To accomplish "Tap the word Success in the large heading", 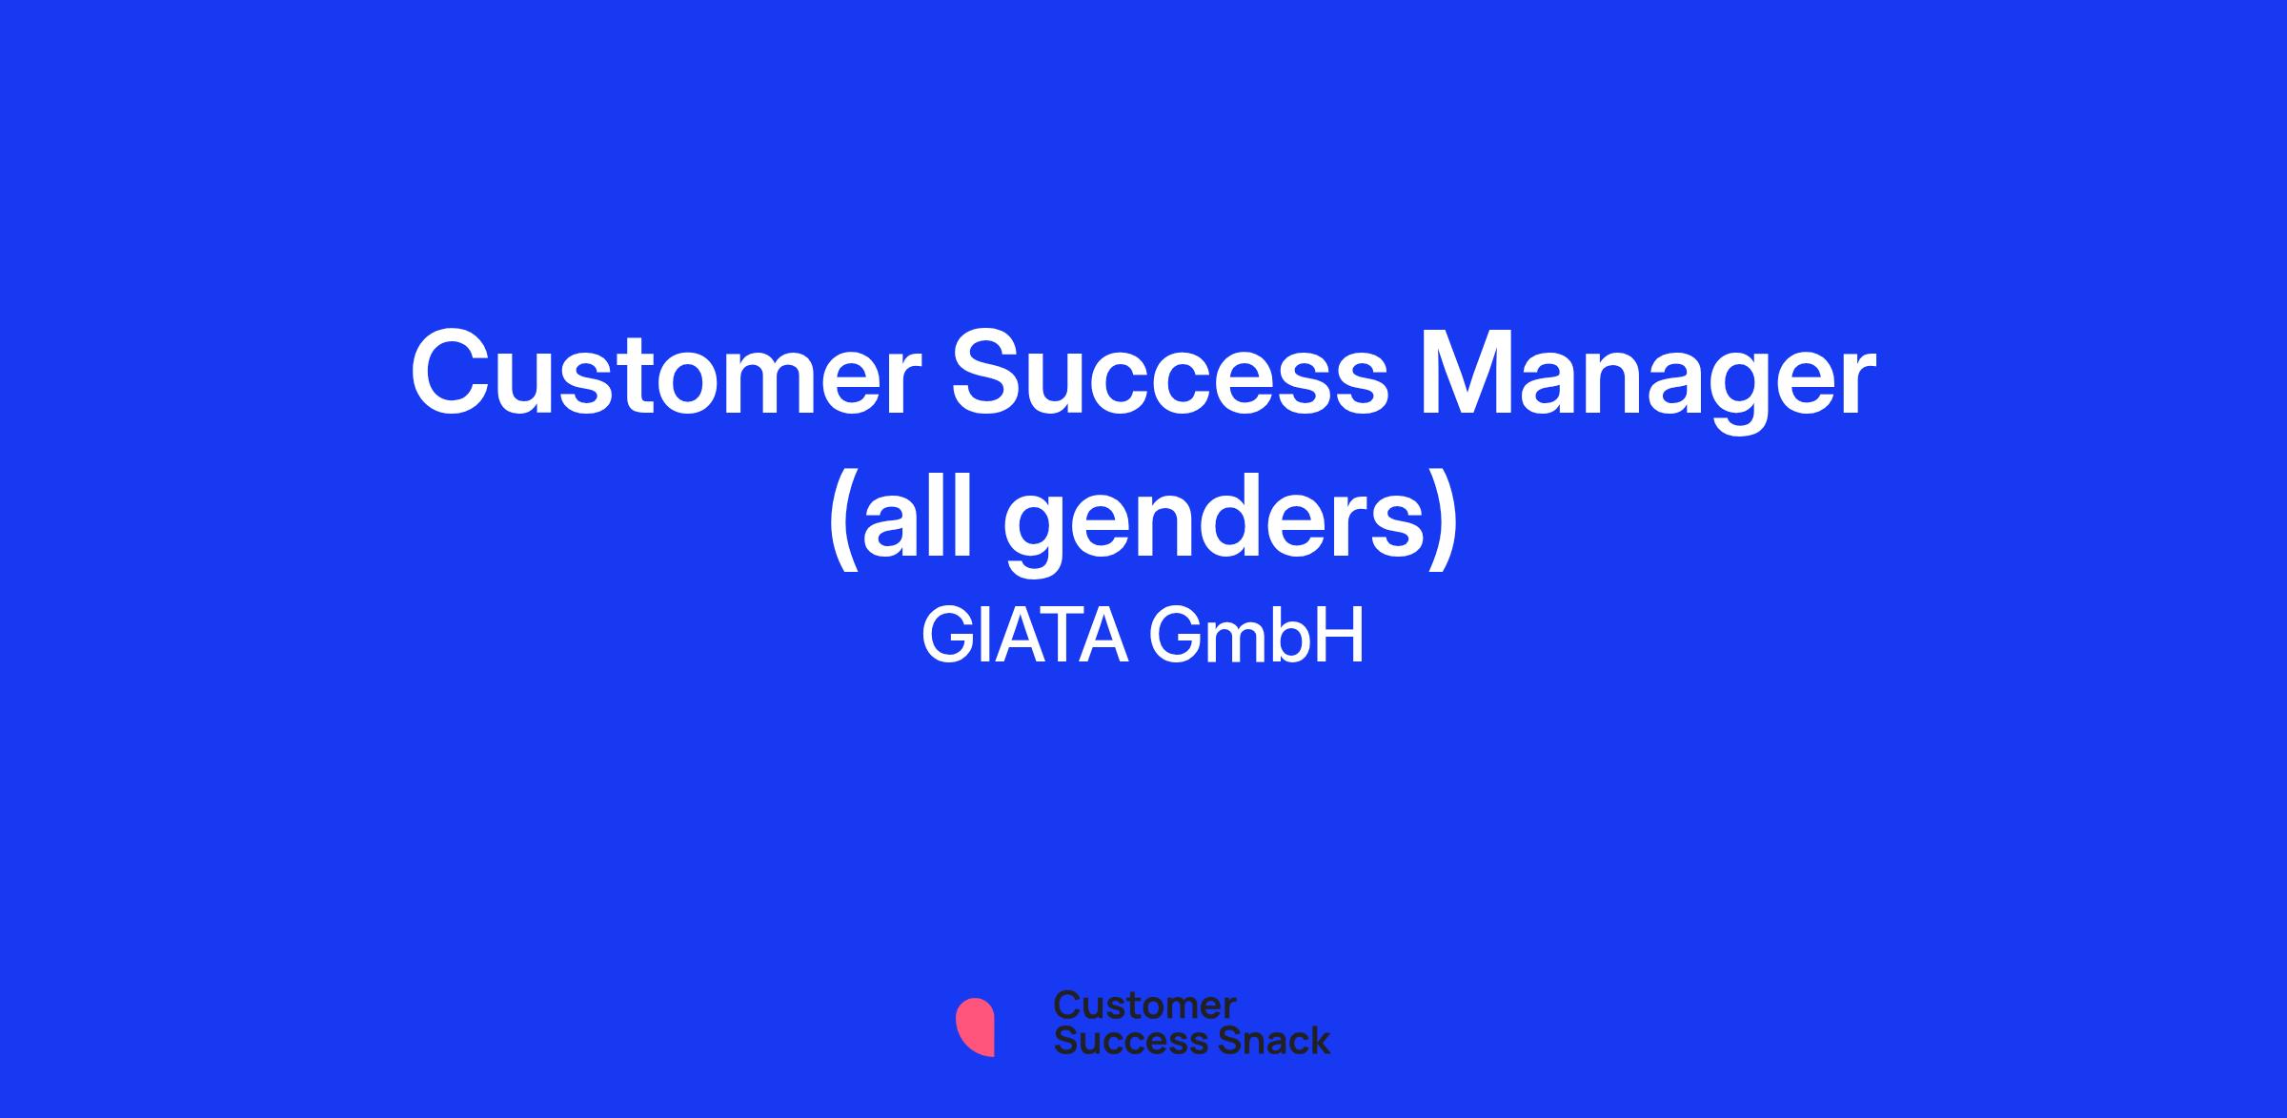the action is click(1169, 373).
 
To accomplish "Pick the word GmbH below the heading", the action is click(1258, 636).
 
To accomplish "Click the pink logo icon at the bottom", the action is click(975, 1027).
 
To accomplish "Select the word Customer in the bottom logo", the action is click(1144, 1006).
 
